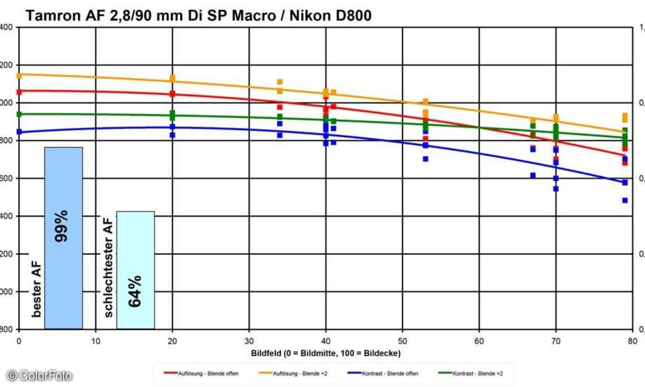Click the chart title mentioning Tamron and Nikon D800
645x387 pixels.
pyautogui.click(x=199, y=17)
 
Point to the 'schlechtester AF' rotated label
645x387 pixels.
pyautogui.click(x=108, y=267)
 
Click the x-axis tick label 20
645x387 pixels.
pyautogui.click(x=172, y=340)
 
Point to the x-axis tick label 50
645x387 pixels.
pyautogui.click(x=402, y=340)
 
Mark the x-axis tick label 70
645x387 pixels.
pyautogui.click(x=556, y=340)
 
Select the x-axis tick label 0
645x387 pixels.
pyautogui.click(x=19, y=340)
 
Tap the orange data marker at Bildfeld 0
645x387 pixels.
pyautogui.click(x=19, y=76)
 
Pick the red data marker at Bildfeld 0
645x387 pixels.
pyautogui.click(x=19, y=92)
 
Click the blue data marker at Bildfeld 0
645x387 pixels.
pyautogui.click(x=19, y=132)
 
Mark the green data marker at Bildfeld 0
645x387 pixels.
pyautogui.click(x=19, y=114)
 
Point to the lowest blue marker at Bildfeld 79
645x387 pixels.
pyautogui.click(x=625, y=200)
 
